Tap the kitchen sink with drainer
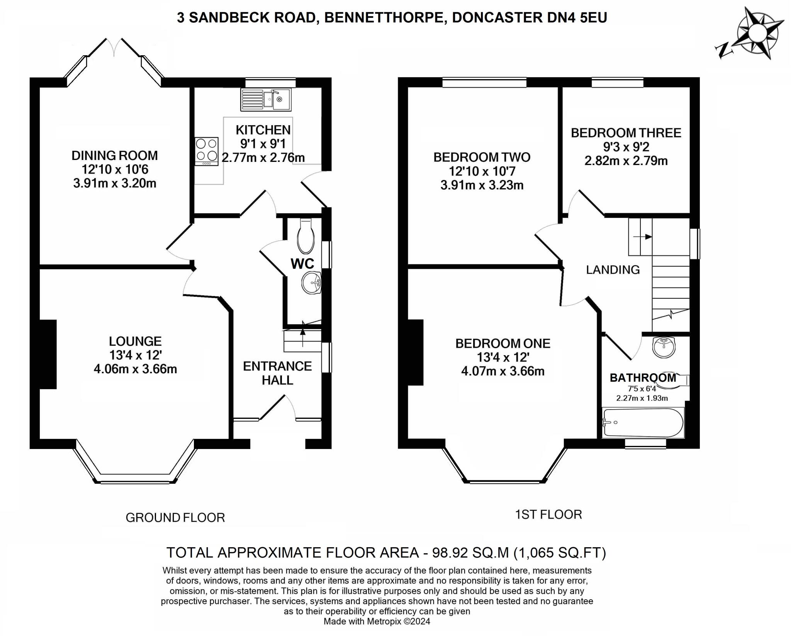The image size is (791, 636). click(x=266, y=99)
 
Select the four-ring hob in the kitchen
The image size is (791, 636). click(x=206, y=151)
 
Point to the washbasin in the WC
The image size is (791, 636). click(x=311, y=283)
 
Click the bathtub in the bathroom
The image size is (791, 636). click(x=643, y=422)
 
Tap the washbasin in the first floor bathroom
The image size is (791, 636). click(x=664, y=347)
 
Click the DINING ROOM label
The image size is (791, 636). click(x=115, y=156)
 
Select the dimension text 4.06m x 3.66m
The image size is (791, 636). click(x=135, y=369)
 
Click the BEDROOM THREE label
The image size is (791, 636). click(x=626, y=133)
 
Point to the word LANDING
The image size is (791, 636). click(x=613, y=270)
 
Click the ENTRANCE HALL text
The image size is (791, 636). click(x=277, y=373)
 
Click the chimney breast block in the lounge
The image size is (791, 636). click(x=48, y=354)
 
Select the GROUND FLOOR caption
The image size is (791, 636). click(x=175, y=517)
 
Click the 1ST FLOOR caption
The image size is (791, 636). click(x=548, y=514)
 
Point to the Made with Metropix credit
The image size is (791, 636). click(x=377, y=621)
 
